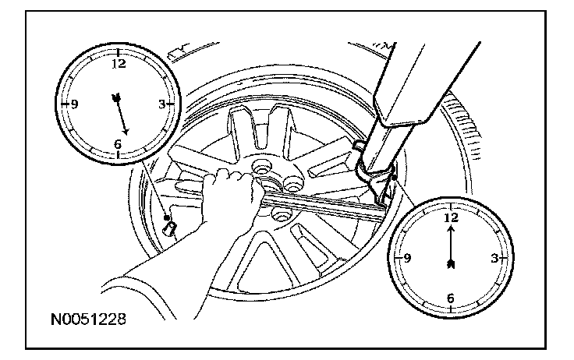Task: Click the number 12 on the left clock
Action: [119, 65]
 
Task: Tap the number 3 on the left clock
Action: [161, 104]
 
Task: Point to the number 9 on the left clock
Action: [75, 104]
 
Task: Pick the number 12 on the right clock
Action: [449, 219]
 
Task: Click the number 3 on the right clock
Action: [492, 258]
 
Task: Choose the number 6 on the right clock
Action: [449, 297]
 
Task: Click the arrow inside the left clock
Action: [120, 111]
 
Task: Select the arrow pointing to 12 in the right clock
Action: [449, 249]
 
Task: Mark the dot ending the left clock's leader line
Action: [166, 217]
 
